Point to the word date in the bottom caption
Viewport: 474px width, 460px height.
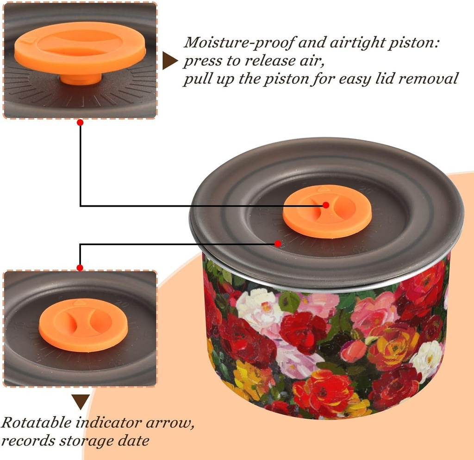pos(134,441)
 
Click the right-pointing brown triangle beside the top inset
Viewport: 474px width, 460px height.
pos(170,61)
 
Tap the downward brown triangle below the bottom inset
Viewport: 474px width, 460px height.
pos(81,402)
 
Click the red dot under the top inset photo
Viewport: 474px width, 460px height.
pos(80,123)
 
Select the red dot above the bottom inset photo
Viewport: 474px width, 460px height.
pos(80,268)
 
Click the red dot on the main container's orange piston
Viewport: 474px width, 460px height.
pos(326,205)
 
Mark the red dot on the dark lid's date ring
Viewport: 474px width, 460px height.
pos(278,243)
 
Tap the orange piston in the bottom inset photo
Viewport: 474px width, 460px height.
pos(83,325)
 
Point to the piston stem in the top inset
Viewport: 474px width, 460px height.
pos(81,79)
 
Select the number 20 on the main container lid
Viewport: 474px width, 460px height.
pos(367,190)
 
